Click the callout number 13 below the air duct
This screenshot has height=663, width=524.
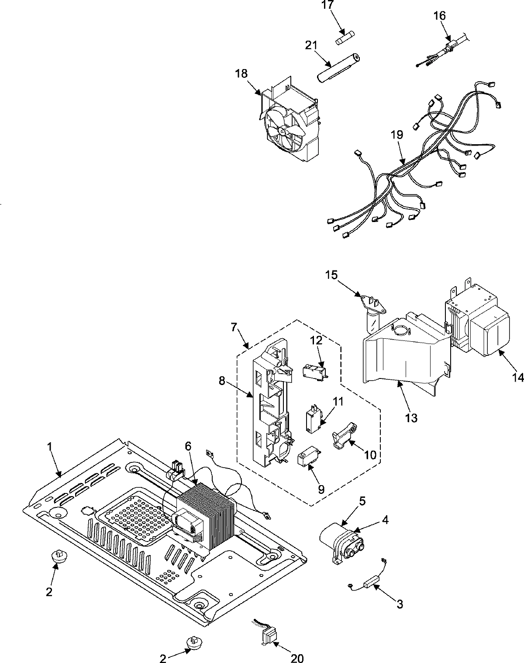[411, 418]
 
